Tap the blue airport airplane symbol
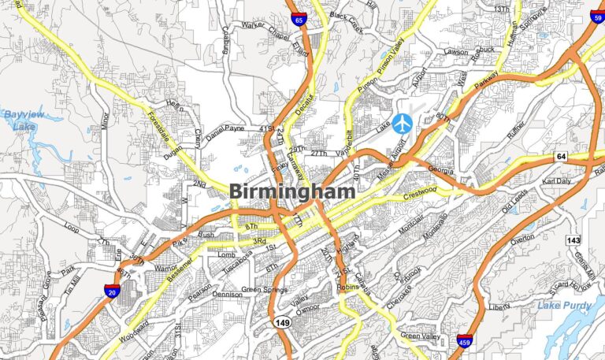click(x=403, y=123)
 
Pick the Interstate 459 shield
click(x=464, y=341)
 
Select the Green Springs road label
click(x=264, y=289)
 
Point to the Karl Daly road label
click(x=557, y=180)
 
